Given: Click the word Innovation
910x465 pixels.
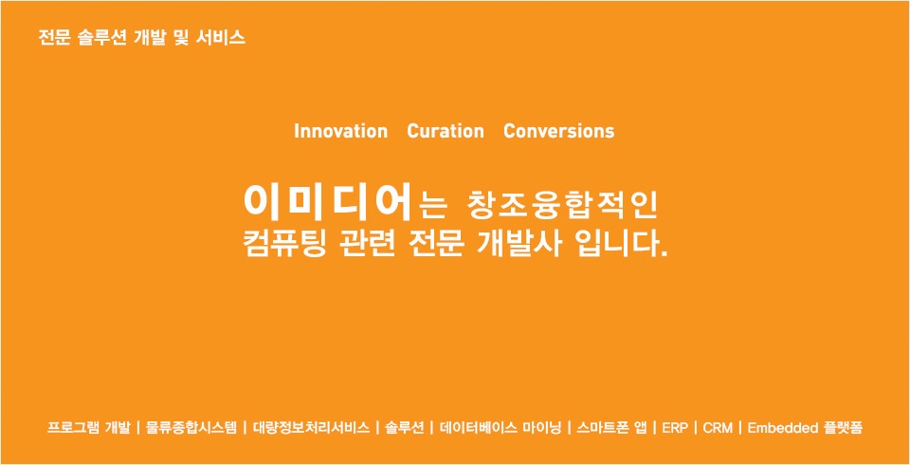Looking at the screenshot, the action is tap(340, 131).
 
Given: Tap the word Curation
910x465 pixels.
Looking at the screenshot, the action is tap(446, 131).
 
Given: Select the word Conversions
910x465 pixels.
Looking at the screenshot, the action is tap(559, 131).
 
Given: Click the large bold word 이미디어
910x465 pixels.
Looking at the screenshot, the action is tap(327, 202).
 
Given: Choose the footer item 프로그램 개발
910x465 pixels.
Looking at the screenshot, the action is tap(89, 428).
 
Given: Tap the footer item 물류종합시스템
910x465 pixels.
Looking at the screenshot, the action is tap(191, 428).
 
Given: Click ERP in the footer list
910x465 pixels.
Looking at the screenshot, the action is tap(675, 428).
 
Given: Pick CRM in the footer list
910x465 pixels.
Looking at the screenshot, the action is tap(718, 428).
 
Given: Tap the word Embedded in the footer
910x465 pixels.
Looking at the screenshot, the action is tap(782, 428).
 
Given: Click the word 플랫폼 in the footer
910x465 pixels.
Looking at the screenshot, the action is tap(843, 428).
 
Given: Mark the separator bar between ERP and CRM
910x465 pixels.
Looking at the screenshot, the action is tap(696, 428).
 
